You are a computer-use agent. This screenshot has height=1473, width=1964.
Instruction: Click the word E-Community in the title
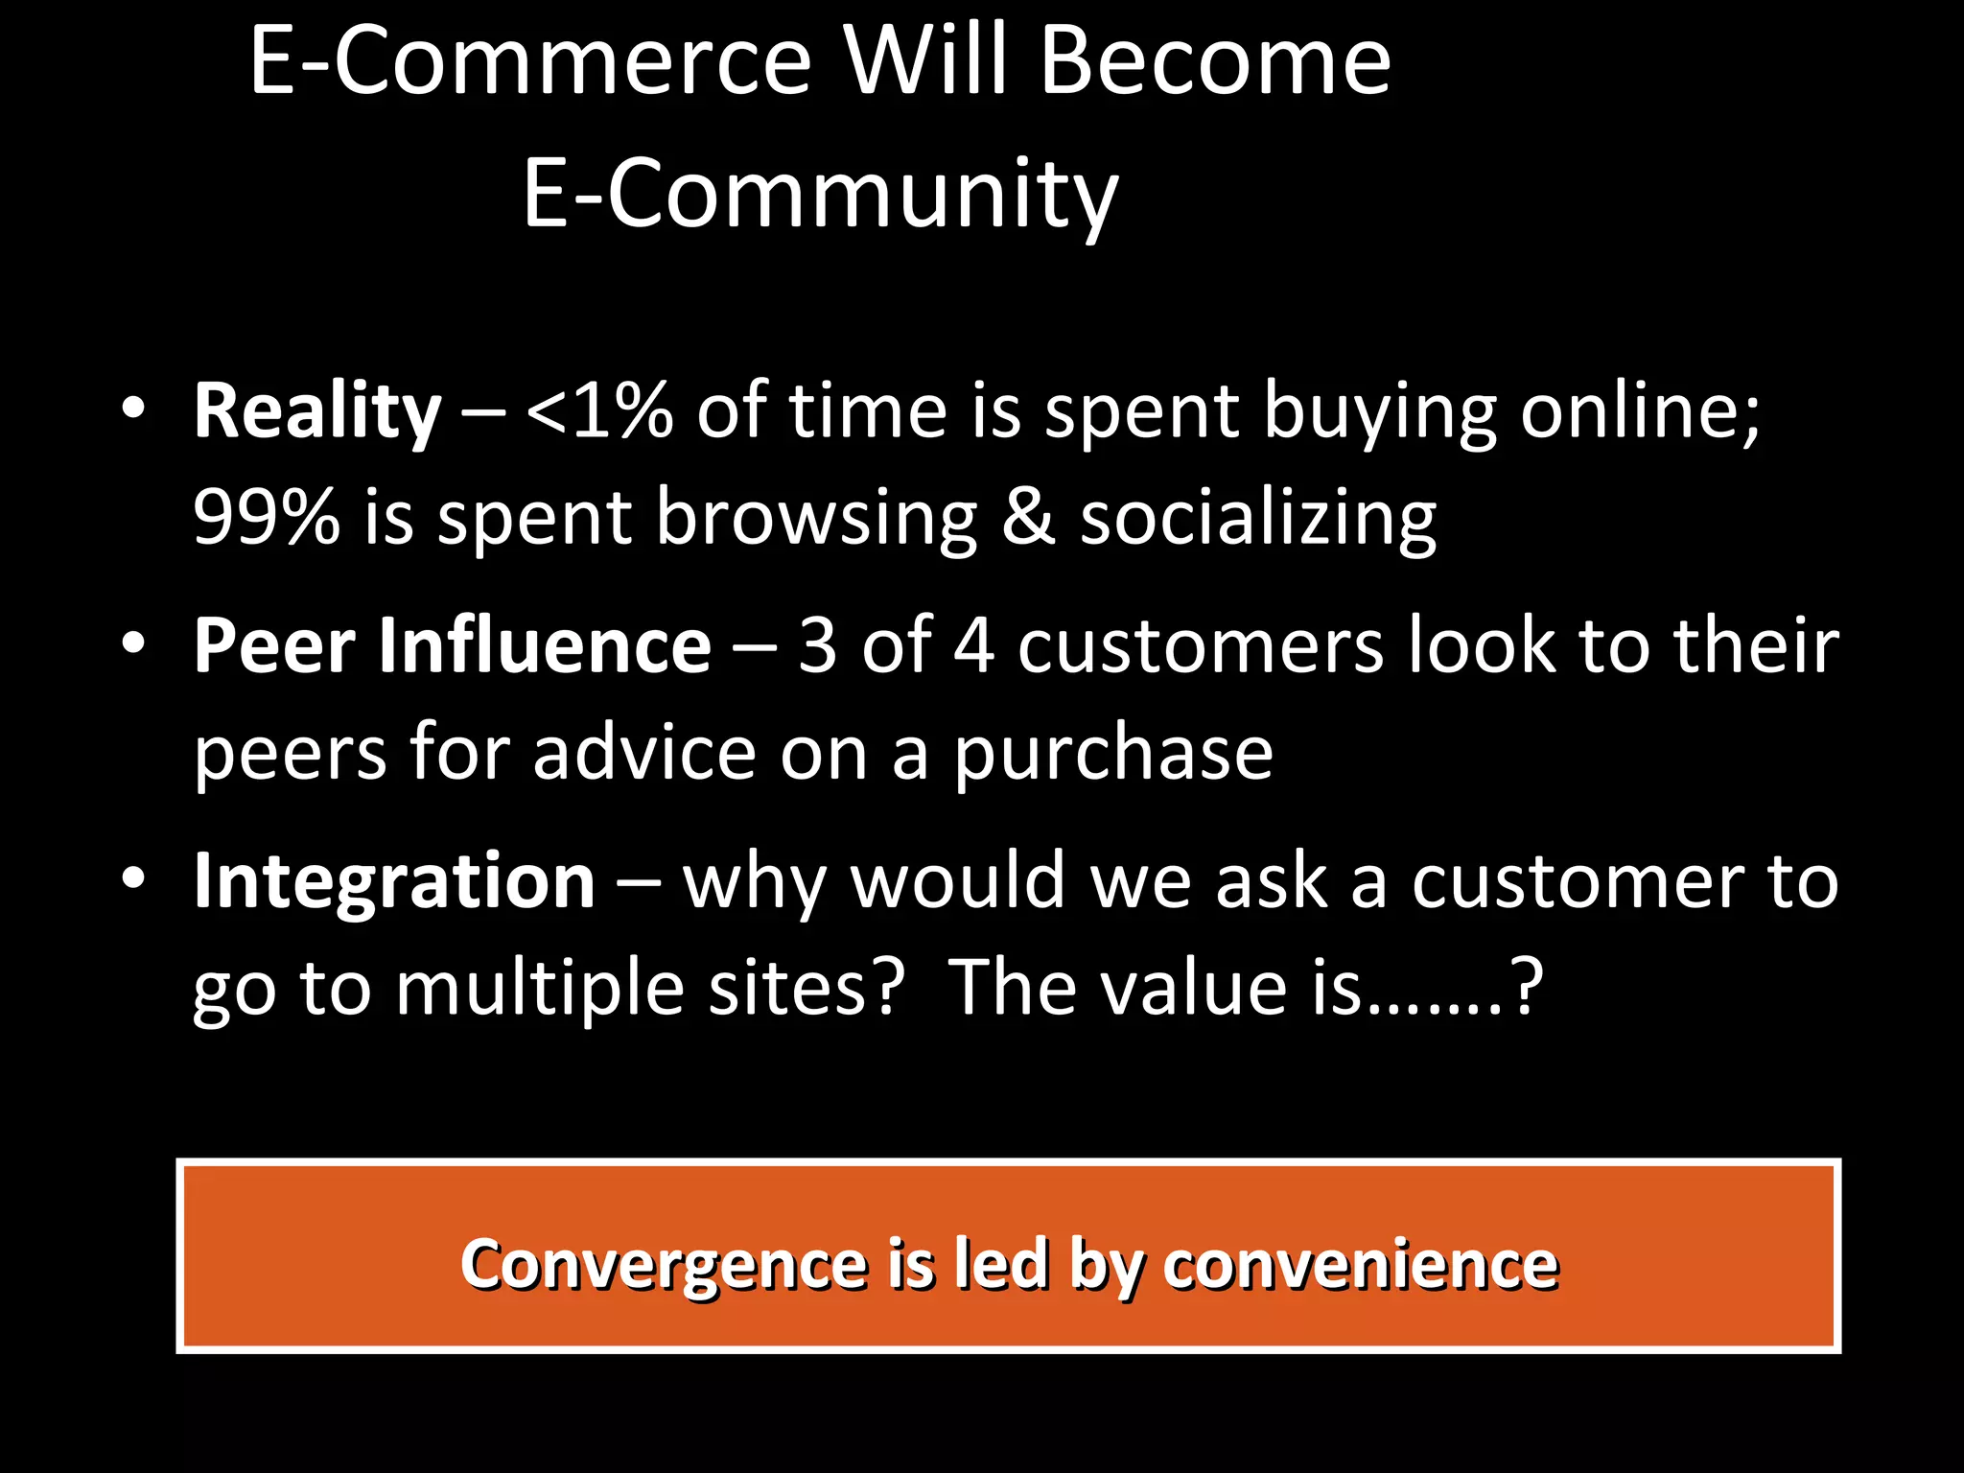tap(820, 195)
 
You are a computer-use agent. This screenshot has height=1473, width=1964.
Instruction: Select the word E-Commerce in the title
tap(530, 62)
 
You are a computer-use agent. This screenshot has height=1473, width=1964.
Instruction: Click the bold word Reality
tap(317, 412)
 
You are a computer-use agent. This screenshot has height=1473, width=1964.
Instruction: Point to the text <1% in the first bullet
tap(598, 412)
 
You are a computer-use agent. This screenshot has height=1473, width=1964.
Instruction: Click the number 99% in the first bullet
tap(266, 518)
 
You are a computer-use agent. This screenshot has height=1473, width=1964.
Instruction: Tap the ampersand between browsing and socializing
tap(1027, 518)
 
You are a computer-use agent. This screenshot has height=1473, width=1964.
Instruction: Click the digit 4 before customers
tap(973, 647)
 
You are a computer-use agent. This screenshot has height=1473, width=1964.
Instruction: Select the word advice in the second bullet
tap(644, 753)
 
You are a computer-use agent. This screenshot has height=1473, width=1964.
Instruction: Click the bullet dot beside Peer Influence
tap(133, 643)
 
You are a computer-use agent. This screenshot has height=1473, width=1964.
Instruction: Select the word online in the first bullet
tap(1640, 412)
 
